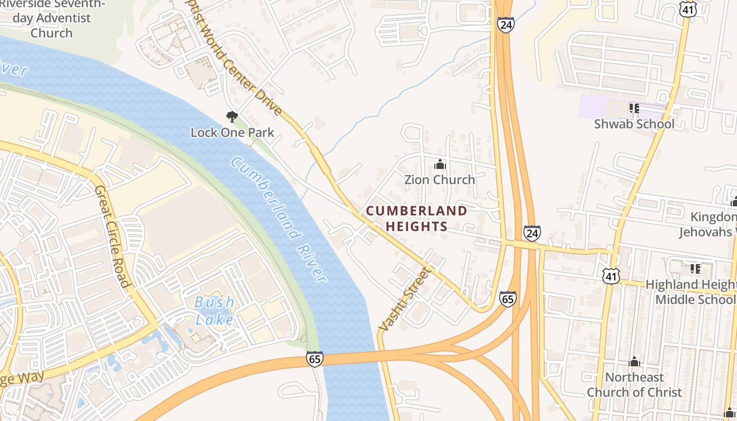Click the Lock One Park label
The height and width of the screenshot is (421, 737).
pyautogui.click(x=232, y=132)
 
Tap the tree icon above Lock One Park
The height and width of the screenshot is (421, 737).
pyautogui.click(x=232, y=117)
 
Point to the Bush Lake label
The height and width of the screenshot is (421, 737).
pyautogui.click(x=214, y=310)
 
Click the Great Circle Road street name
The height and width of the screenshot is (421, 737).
pyautogui.click(x=112, y=237)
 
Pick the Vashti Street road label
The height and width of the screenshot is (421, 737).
pyautogui.click(x=404, y=299)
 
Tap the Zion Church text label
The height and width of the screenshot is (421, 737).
pyautogui.click(x=440, y=179)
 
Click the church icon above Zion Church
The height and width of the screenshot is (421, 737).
pyautogui.click(x=440, y=165)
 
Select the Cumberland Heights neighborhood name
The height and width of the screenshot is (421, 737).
pyautogui.click(x=416, y=218)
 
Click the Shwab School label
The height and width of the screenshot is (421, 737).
pyautogui.click(x=634, y=124)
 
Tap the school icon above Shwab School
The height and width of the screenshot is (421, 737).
pyautogui.click(x=634, y=108)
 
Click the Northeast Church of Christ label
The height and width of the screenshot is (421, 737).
pyautogui.click(x=634, y=385)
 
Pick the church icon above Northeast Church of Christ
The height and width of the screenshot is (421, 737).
pyautogui.click(x=634, y=362)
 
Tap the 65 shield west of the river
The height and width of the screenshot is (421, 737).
pyautogui.click(x=314, y=359)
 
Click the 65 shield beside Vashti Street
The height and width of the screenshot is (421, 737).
pyautogui.click(x=508, y=299)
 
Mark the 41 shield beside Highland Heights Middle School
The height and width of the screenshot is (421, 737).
pyautogui.click(x=612, y=275)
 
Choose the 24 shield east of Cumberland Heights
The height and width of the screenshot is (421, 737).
pyautogui.click(x=532, y=233)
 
